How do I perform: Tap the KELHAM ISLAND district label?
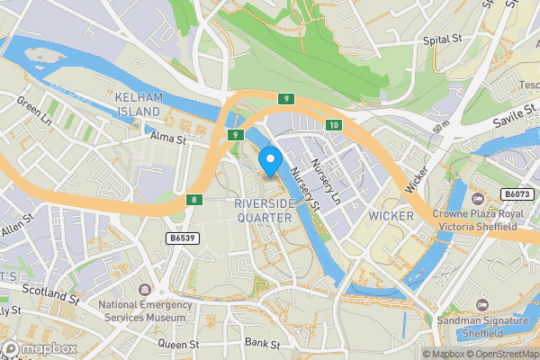point(138,103)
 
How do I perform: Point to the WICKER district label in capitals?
point(391,216)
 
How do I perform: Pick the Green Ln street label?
point(35,113)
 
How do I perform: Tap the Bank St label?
point(263,344)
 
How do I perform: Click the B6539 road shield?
point(182,238)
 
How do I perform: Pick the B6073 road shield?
point(517,193)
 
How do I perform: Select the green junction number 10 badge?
point(333,124)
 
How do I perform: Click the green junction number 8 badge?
point(193,199)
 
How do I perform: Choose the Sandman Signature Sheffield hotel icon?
point(481,306)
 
